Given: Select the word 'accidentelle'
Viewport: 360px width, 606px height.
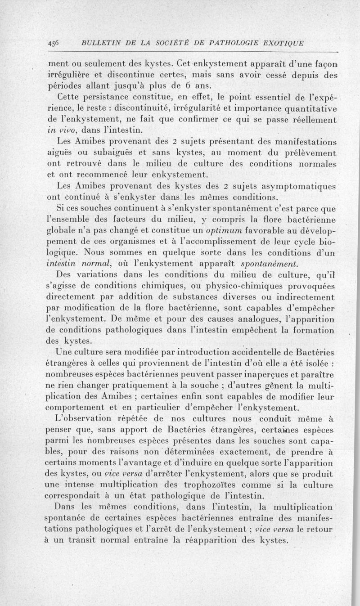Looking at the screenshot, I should [229, 352].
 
